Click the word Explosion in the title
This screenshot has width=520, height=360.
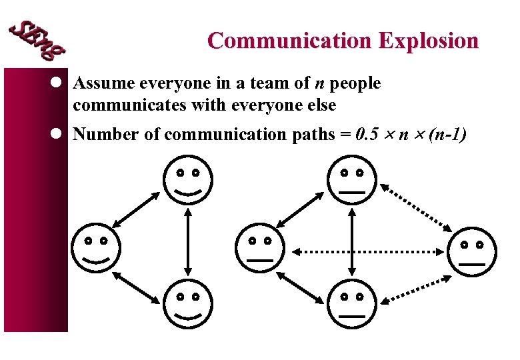click(x=429, y=41)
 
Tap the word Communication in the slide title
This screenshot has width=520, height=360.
click(x=291, y=41)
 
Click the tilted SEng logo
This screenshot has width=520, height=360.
click(x=37, y=38)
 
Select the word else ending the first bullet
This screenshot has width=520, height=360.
click(x=321, y=105)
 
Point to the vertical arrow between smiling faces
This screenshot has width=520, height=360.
click(x=189, y=241)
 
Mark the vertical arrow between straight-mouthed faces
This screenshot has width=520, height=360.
click(x=351, y=241)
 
